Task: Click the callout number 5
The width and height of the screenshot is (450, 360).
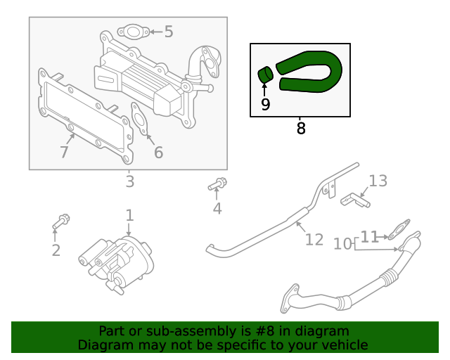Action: point(168,31)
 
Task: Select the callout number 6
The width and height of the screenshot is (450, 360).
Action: point(158,152)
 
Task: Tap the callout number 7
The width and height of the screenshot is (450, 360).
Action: point(64,152)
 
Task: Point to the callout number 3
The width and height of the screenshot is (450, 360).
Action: point(129,182)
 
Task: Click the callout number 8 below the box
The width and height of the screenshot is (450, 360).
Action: point(301,129)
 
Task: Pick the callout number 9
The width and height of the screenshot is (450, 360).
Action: point(264,105)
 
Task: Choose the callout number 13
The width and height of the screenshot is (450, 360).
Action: point(378,181)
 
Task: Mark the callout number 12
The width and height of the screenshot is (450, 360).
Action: point(314,240)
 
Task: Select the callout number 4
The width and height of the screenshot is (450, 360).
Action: point(217,208)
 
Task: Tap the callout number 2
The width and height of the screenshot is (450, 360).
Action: point(56,250)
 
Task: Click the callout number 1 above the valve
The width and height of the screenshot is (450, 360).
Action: point(129,214)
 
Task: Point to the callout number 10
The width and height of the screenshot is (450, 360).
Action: point(342,243)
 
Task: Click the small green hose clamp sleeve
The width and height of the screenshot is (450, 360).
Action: point(265,74)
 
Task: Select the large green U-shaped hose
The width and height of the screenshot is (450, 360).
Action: point(314,70)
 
